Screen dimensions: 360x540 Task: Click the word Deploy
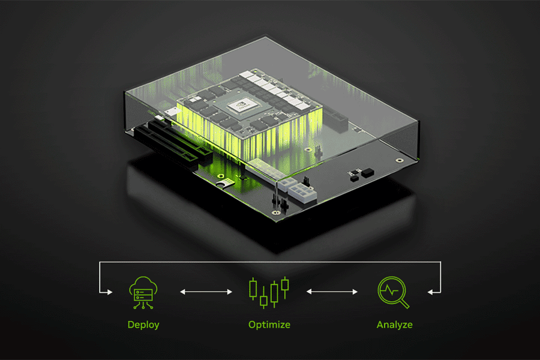(143, 325)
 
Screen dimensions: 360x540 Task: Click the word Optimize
(269, 325)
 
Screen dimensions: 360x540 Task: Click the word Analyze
(394, 325)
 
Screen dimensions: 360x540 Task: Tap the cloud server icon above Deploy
(144, 292)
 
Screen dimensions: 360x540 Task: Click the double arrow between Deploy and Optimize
(206, 292)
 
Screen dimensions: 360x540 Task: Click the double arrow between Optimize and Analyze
(332, 292)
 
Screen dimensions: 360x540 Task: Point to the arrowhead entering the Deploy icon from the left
(109, 292)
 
